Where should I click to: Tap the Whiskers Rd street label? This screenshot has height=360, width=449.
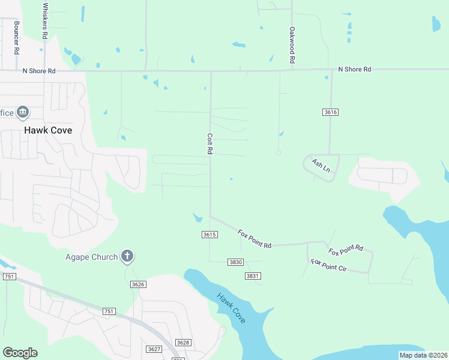(46, 21)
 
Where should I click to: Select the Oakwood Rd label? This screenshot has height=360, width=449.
(292, 46)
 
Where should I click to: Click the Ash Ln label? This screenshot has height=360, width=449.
(321, 165)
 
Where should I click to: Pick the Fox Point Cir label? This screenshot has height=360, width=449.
(328, 265)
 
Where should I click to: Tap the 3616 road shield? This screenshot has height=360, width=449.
(330, 112)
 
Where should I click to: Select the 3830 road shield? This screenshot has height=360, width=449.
(235, 262)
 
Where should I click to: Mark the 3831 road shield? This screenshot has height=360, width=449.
(253, 276)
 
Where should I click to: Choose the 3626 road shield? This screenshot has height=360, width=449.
(138, 284)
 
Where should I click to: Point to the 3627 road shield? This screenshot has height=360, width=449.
(154, 349)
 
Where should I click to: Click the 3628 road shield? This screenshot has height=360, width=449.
(183, 343)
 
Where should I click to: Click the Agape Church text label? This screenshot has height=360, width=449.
(89, 257)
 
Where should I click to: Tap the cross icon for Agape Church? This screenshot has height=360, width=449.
(127, 257)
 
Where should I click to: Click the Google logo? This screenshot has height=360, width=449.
(20, 353)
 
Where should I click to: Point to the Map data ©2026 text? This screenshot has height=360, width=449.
(423, 355)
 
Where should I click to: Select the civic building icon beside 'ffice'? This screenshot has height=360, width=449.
(23, 112)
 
